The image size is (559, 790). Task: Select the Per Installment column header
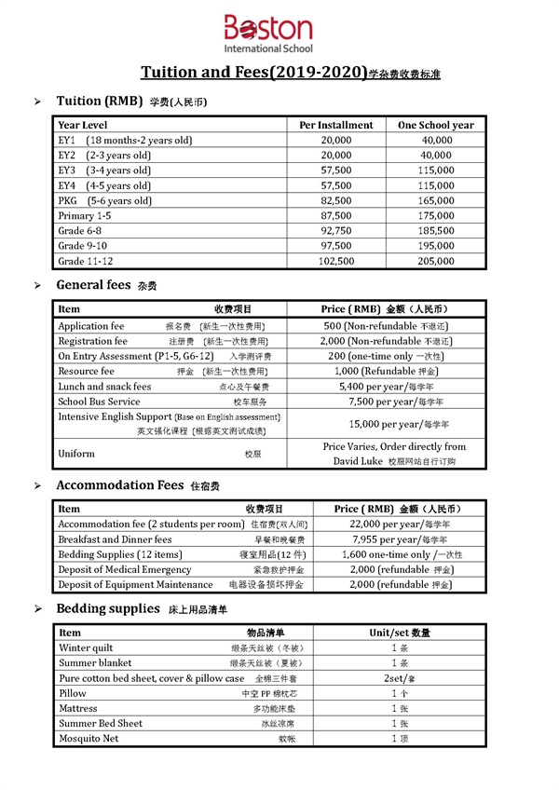tap(335, 125)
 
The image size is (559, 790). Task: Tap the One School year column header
tap(435, 125)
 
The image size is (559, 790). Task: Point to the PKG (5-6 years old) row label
tap(104, 200)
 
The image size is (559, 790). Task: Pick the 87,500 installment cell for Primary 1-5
tap(335, 216)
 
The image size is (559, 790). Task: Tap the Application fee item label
tap(90, 327)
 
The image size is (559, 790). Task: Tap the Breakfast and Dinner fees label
tap(115, 539)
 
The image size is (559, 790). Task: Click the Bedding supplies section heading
tap(108, 608)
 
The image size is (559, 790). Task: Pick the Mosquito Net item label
tap(89, 739)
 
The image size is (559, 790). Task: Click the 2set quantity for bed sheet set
tap(393, 678)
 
